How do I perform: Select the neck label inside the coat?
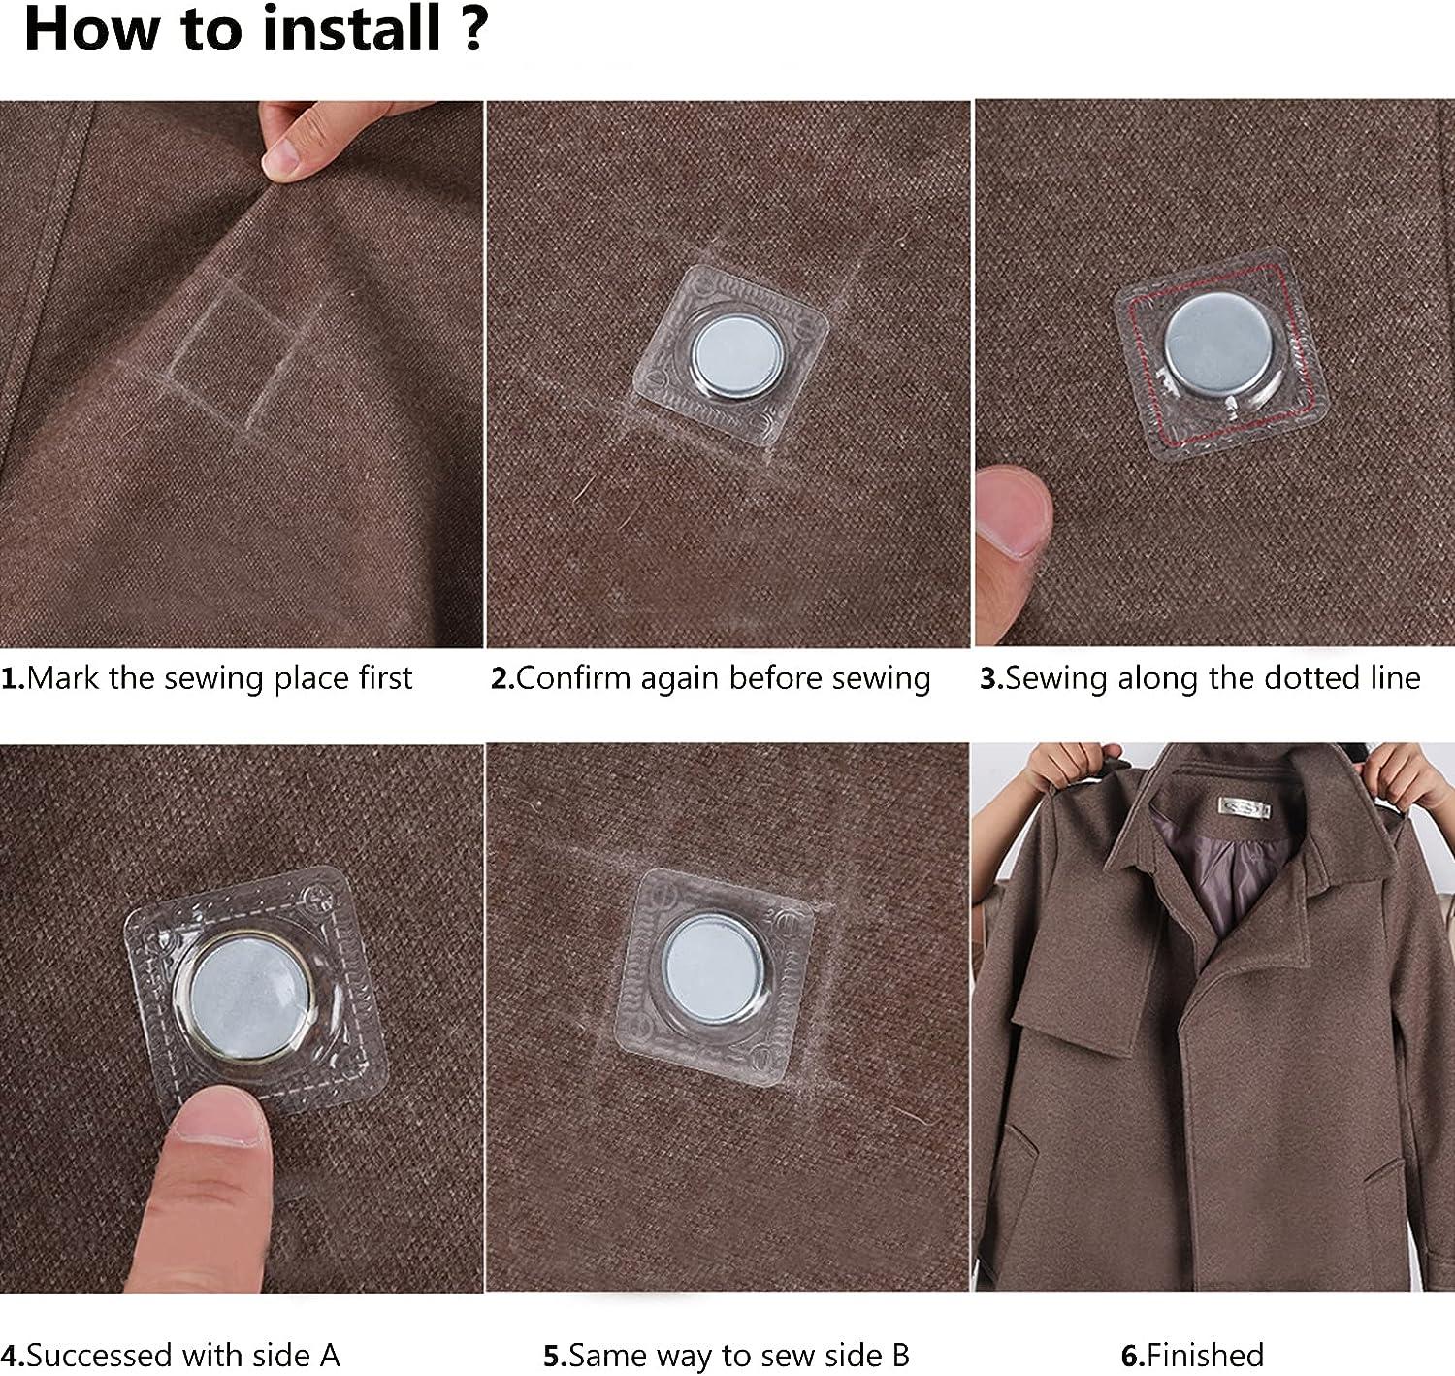1245,806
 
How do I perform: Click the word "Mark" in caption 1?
62,677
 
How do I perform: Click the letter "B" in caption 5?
900,1356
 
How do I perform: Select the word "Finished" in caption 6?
1205,1356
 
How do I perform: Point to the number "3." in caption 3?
991,678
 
